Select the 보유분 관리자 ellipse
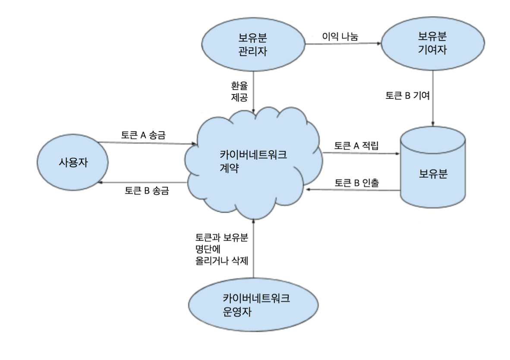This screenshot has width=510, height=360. [x=253, y=45]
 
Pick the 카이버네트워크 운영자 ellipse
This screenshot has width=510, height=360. [x=253, y=305]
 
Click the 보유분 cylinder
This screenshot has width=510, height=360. [x=433, y=173]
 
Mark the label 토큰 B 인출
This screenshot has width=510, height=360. [x=357, y=183]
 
